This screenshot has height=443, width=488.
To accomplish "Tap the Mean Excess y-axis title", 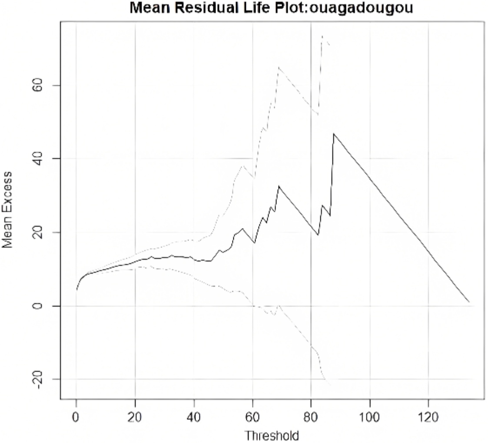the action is coord(7,209).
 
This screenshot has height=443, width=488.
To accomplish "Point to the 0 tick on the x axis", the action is coord(76,417).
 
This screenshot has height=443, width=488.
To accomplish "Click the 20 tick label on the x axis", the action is coord(135,417).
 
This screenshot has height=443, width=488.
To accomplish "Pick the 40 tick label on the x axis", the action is coord(193,417).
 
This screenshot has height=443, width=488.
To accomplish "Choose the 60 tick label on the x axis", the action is coord(252,417).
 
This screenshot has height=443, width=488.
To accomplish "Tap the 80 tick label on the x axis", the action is coord(311,417).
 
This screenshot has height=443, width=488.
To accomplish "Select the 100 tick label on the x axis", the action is coord(370,417).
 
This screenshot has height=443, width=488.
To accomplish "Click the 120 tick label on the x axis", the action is coord(428,417).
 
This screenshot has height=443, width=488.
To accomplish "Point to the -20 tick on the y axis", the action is coord(38,380).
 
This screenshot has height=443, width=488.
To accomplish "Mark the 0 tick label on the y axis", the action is coord(38,306).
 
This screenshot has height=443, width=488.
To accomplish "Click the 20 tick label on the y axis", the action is coord(38,232).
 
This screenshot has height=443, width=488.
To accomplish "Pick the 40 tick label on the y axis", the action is coord(38,159).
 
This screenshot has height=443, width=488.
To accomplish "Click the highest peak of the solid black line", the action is coord(334,134).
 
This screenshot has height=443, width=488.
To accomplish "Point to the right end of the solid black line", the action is coord(469,302).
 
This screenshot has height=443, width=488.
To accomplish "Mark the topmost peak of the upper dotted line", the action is coord(322,36).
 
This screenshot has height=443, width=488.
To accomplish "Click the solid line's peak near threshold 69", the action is coord(279,186).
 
